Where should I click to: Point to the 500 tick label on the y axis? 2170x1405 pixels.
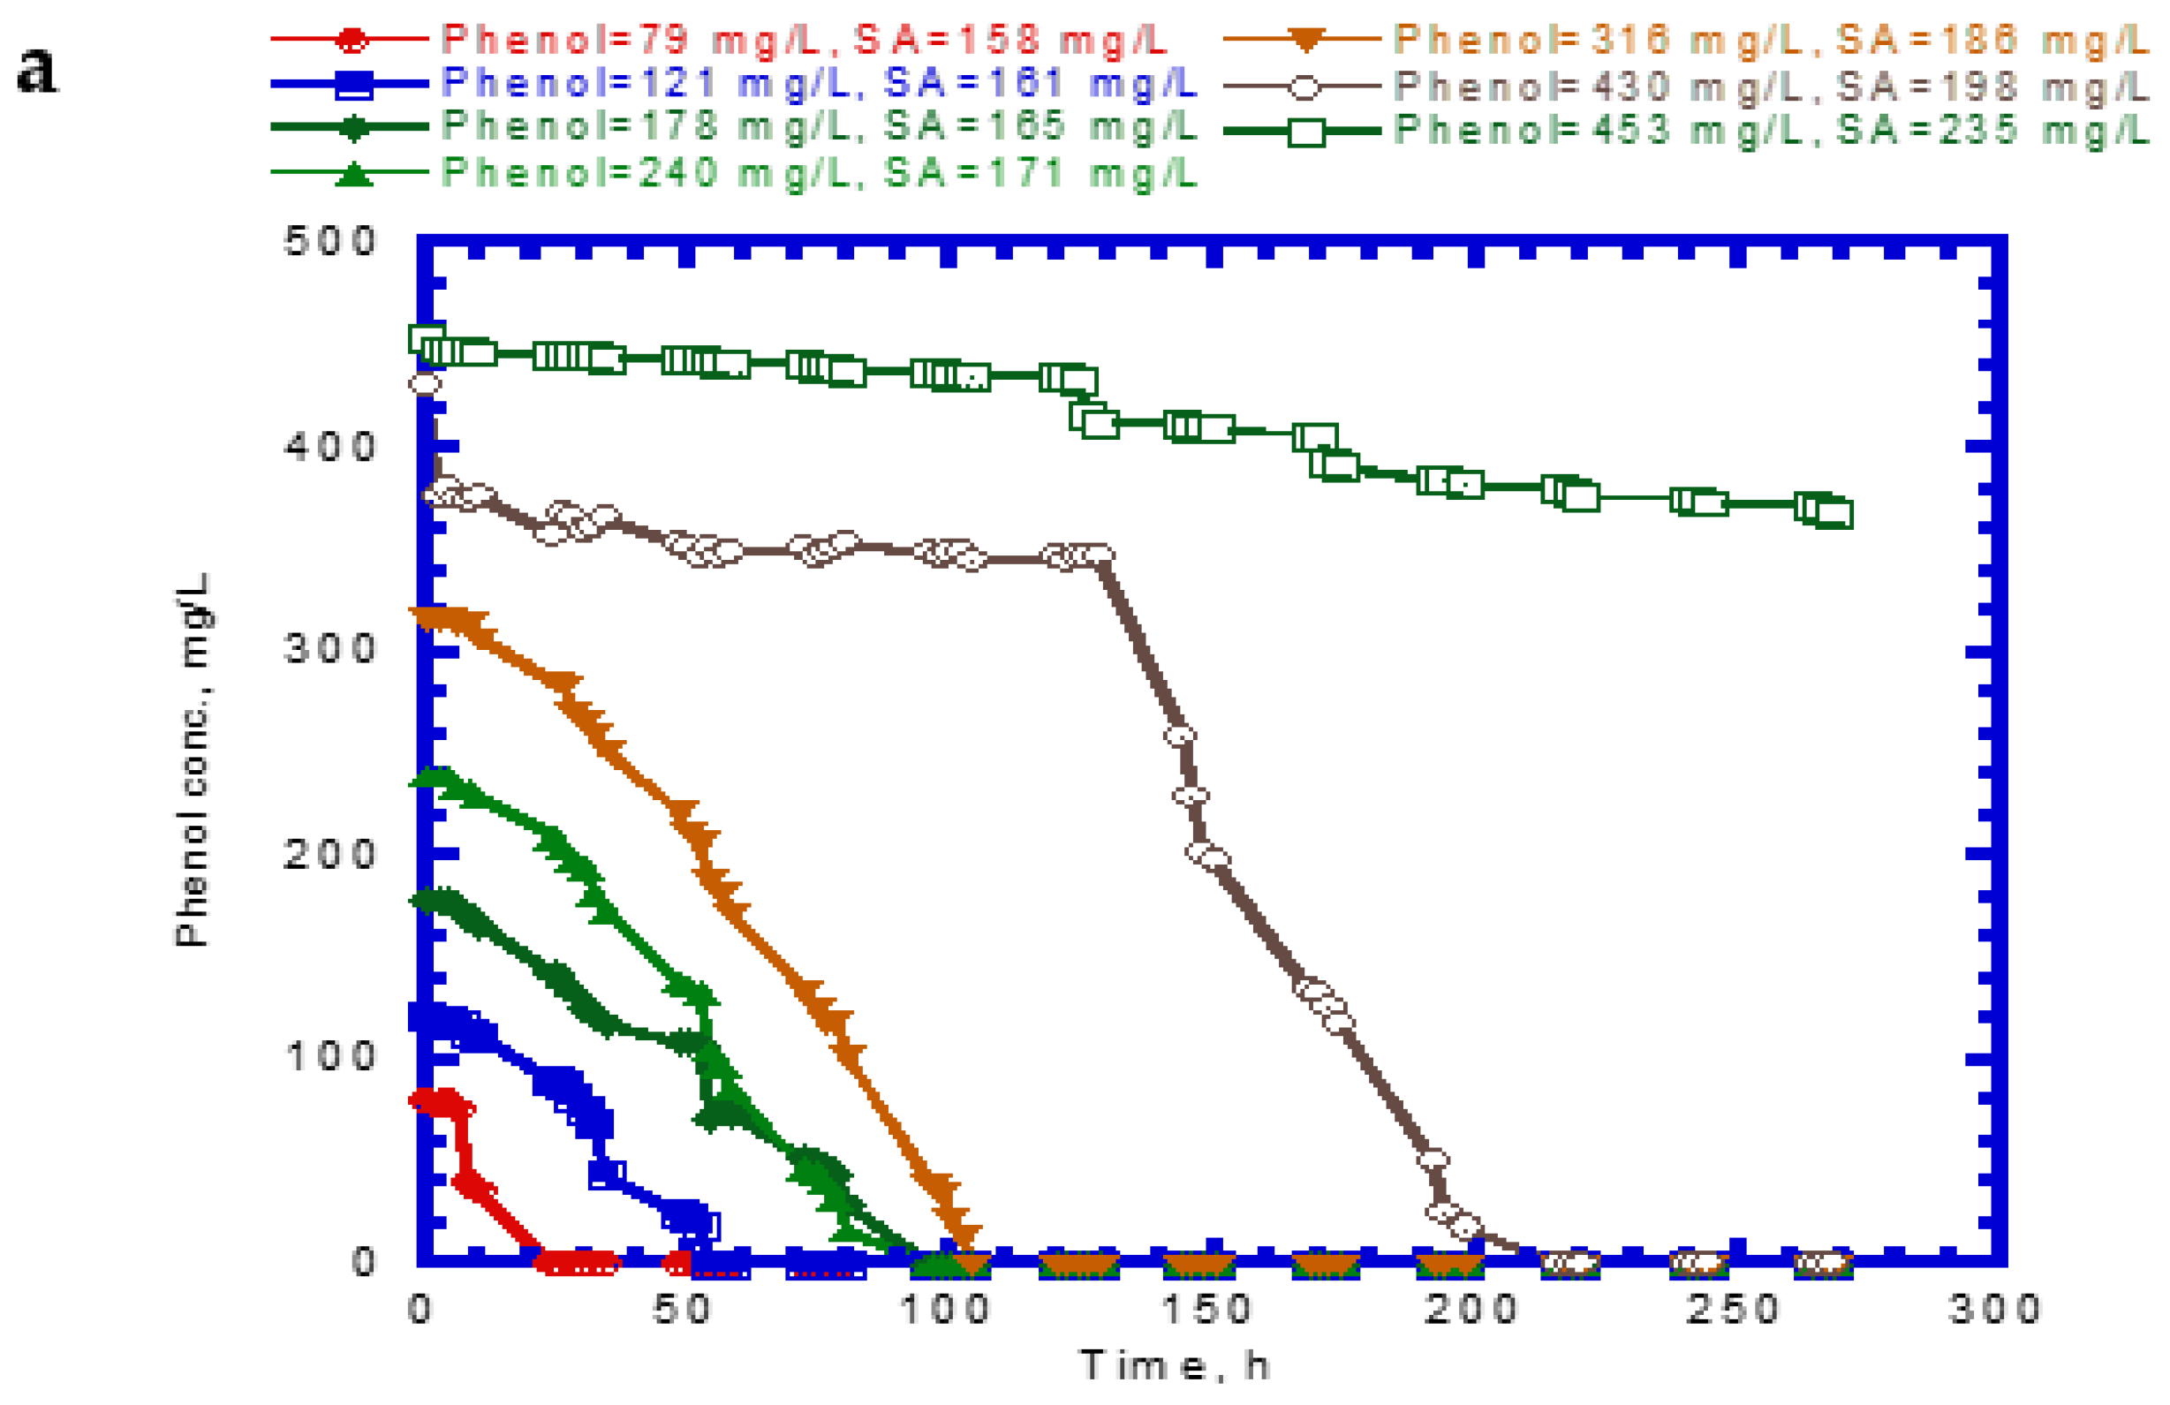(329, 242)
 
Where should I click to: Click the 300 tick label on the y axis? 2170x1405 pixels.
(329, 649)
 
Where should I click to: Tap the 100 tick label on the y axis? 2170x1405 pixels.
(329, 1057)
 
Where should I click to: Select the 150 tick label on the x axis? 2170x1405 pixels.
(1206, 1311)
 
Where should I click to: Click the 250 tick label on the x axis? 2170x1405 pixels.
(1731, 1311)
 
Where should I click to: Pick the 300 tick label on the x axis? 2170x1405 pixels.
(1994, 1311)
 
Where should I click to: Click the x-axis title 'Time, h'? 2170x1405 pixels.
(1175, 1366)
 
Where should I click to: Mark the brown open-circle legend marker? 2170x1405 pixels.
(1304, 87)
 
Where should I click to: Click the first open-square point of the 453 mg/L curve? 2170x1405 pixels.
(427, 339)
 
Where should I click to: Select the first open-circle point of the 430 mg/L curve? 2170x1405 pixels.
(425, 384)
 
